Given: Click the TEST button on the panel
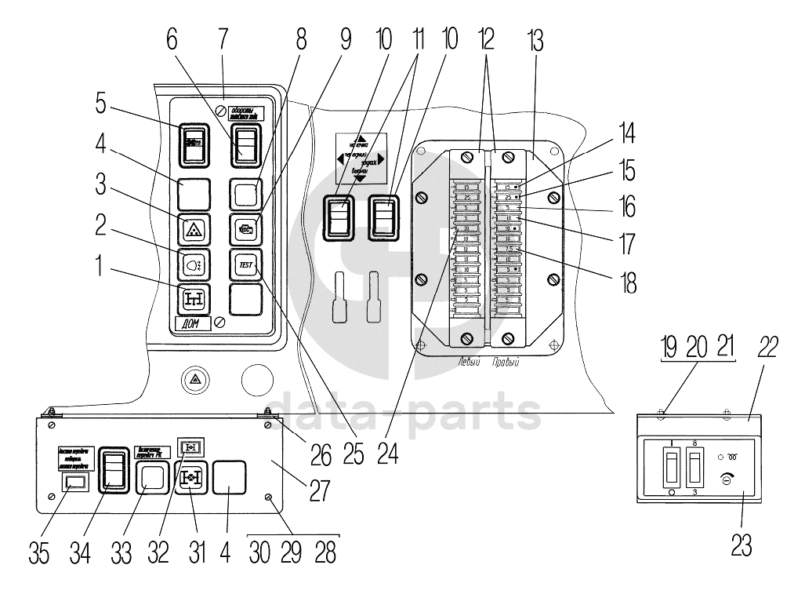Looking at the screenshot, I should [245, 266].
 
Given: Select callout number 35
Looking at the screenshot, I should [39, 552].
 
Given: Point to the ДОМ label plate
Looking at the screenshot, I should [191, 323].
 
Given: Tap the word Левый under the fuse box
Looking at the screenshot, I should [469, 363].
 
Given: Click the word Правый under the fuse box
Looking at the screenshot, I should [506, 363].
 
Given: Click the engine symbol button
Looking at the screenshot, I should [245, 230].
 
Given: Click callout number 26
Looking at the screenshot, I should [321, 454].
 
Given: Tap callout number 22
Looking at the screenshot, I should [767, 347].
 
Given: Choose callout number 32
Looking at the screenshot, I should [158, 552].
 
